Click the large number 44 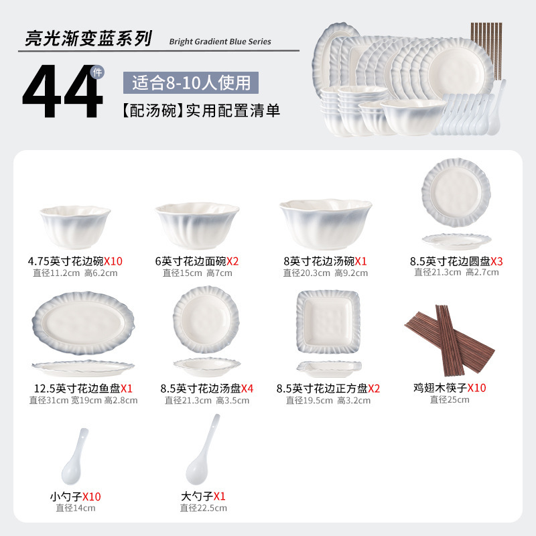tap(62, 91)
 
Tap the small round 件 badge tap(97, 72)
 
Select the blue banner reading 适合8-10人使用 tap(191, 82)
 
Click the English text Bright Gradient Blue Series tap(220, 42)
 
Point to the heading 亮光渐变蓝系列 tap(88, 38)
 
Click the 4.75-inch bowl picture tap(75, 226)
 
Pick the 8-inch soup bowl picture tap(326, 224)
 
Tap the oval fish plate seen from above tap(83, 323)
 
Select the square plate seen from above tap(328, 322)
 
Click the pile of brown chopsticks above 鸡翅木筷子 tap(450, 340)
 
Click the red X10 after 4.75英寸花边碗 tap(113, 261)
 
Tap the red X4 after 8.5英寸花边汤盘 tap(247, 389)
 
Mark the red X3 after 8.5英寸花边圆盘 tap(496, 261)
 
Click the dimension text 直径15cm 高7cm tap(197, 273)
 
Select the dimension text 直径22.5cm tap(204, 508)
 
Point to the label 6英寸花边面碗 tap(191, 261)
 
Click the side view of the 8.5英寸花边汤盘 tap(207, 366)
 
